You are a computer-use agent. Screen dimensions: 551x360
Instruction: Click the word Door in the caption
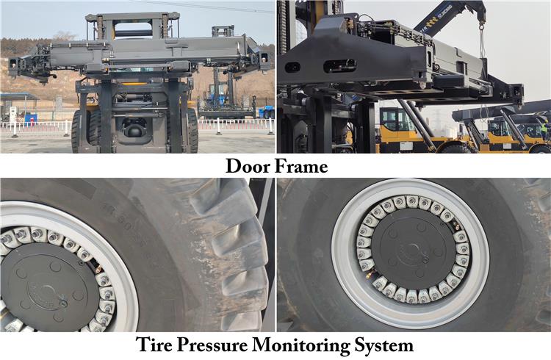(247, 166)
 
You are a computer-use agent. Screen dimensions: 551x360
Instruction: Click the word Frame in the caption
(300, 166)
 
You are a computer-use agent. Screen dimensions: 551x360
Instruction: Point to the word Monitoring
(301, 345)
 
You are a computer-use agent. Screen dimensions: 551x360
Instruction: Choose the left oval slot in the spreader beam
(292, 67)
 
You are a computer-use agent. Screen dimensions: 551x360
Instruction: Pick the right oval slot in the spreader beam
(339, 65)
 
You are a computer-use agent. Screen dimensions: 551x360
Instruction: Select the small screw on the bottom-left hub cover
(63, 303)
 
